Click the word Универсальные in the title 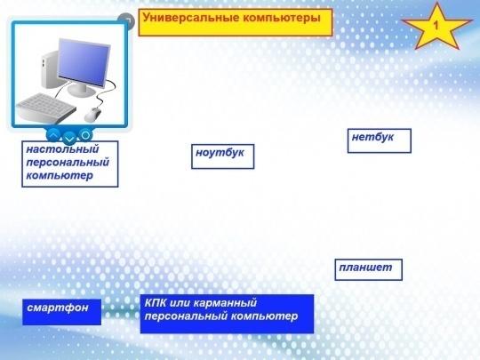[191, 18]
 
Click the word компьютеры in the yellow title [282, 19]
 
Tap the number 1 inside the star [436, 25]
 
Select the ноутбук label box [222, 156]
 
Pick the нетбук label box [380, 140]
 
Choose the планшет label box [368, 269]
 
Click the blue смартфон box [62, 312]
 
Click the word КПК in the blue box [156, 303]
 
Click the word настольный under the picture [62, 149]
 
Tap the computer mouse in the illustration [92, 115]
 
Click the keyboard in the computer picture [46, 108]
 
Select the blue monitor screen [83, 63]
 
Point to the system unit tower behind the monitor [51, 70]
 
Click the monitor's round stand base [81, 91]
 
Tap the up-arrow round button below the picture [53, 135]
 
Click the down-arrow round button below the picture [69, 139]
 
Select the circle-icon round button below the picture [85, 135]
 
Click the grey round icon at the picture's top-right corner [126, 21]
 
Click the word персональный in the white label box [68, 163]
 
